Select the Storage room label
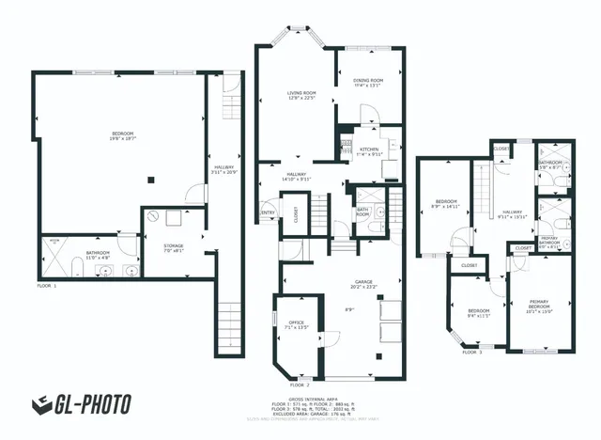[174, 247]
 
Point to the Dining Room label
[368, 81]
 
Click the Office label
[298, 325]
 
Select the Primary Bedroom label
[539, 305]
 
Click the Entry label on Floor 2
[268, 212]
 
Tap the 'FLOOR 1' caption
[46, 284]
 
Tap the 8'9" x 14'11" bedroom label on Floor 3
[444, 203]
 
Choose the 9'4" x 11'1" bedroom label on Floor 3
[479, 313]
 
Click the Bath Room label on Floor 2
[362, 212]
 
